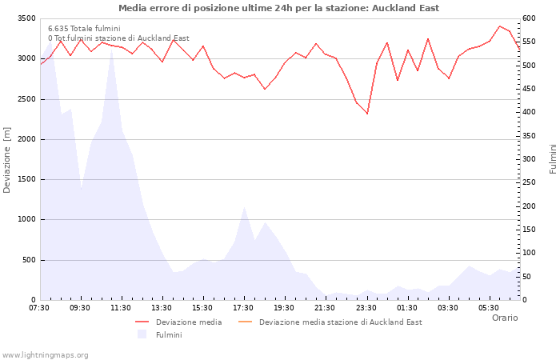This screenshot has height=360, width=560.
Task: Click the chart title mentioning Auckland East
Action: [278, 8]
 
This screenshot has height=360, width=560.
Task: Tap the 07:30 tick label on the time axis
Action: [39, 308]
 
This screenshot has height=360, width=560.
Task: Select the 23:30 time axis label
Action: [366, 308]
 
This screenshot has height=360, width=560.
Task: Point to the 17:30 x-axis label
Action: [243, 308]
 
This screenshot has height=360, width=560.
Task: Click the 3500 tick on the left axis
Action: [27, 18]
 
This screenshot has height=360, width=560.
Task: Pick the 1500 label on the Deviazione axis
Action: [27, 179]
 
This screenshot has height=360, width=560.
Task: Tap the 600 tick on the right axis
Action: [529, 18]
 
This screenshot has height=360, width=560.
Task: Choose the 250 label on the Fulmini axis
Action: [529, 182]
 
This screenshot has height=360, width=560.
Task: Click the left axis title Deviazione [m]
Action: [6, 160]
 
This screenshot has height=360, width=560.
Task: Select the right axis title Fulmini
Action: [553, 159]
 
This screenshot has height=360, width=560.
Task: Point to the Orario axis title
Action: [505, 318]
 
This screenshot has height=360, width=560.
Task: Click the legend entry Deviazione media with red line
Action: [178, 322]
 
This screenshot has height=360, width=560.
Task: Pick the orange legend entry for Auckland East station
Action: [330, 322]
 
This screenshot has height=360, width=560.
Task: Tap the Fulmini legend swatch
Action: [142, 334]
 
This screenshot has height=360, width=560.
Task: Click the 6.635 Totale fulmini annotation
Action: [84, 29]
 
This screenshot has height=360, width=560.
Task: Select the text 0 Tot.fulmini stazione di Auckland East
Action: [118, 38]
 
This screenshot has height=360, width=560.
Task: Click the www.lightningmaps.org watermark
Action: [44, 355]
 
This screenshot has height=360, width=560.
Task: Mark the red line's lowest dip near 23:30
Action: [367, 114]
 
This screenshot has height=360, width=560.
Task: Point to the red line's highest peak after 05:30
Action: [500, 26]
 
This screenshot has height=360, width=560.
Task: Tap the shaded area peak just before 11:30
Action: [112, 50]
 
